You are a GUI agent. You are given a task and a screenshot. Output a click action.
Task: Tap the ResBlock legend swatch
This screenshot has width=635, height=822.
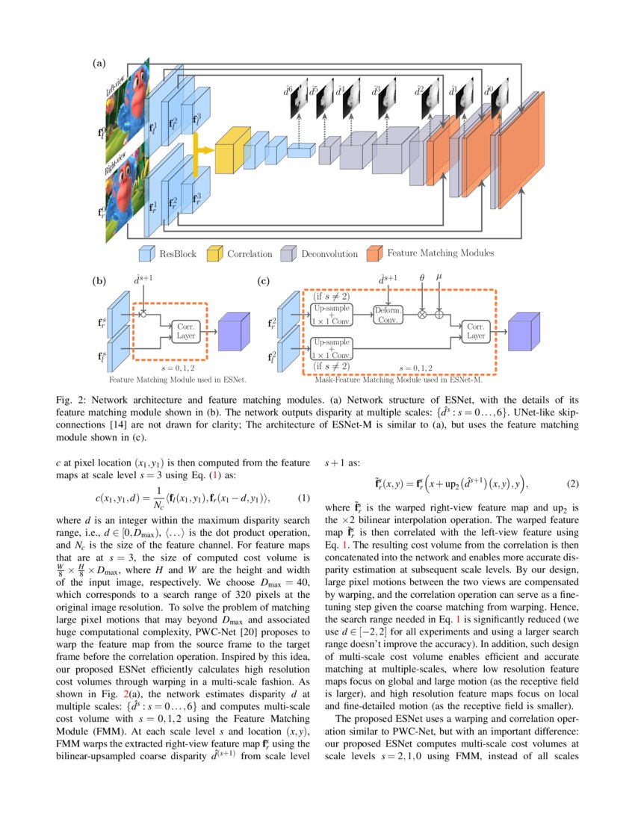pos(147,253)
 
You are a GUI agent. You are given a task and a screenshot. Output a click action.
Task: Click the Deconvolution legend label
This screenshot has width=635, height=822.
pos(329,254)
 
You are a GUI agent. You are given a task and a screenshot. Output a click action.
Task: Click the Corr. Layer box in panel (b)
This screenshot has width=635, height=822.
pos(185,330)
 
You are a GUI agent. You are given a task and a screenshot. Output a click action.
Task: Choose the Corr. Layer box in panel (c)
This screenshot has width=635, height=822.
pos(476,330)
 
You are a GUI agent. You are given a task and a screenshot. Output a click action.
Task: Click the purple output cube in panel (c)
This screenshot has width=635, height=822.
pos(524,330)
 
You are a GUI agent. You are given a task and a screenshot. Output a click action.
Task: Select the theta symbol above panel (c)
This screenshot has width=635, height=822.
pos(422,278)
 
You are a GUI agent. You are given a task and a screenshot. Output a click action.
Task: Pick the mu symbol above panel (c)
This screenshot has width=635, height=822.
pos(439,277)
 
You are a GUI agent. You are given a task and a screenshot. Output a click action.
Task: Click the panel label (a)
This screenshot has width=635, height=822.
pos(99,64)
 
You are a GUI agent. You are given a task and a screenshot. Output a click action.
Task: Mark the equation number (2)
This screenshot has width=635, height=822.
pos(573,483)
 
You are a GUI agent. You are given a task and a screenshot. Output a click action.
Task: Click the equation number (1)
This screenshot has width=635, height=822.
pos(303,498)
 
